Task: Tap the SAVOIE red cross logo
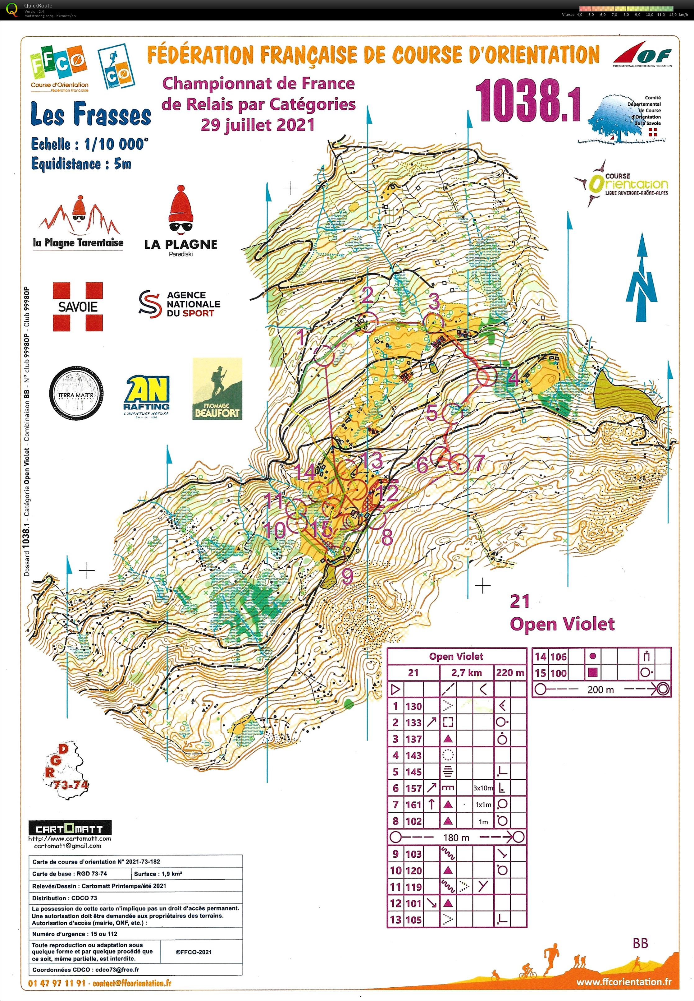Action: point(78,307)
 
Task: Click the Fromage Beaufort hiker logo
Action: point(217,389)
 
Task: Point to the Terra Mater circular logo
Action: point(76,393)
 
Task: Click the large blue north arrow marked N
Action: point(641,279)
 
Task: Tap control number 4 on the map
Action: point(514,378)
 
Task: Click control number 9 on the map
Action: point(347,575)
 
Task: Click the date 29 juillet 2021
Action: point(258,125)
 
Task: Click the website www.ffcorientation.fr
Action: point(623,982)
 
